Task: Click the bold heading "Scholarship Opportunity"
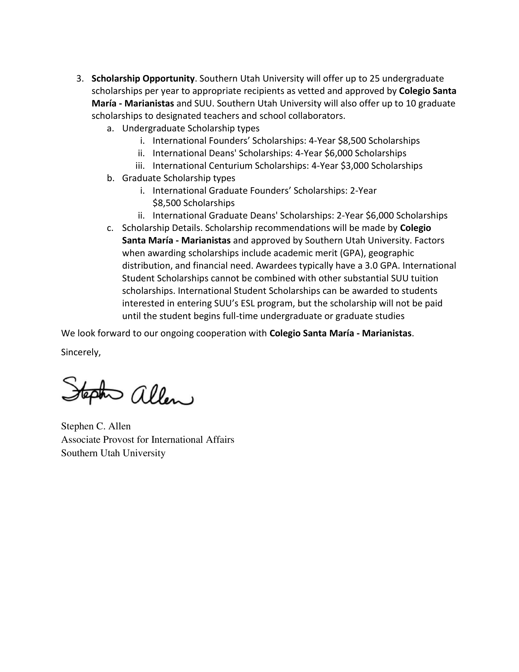tap(143, 79)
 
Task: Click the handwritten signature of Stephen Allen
tap(127, 390)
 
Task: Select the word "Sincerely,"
tap(81, 352)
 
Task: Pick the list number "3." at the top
tap(80, 79)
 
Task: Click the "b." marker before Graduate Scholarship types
tap(111, 178)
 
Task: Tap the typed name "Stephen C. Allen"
tap(96, 426)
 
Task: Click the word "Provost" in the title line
tap(118, 440)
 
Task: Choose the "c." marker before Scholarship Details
tap(110, 228)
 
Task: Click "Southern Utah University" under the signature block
tap(113, 453)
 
